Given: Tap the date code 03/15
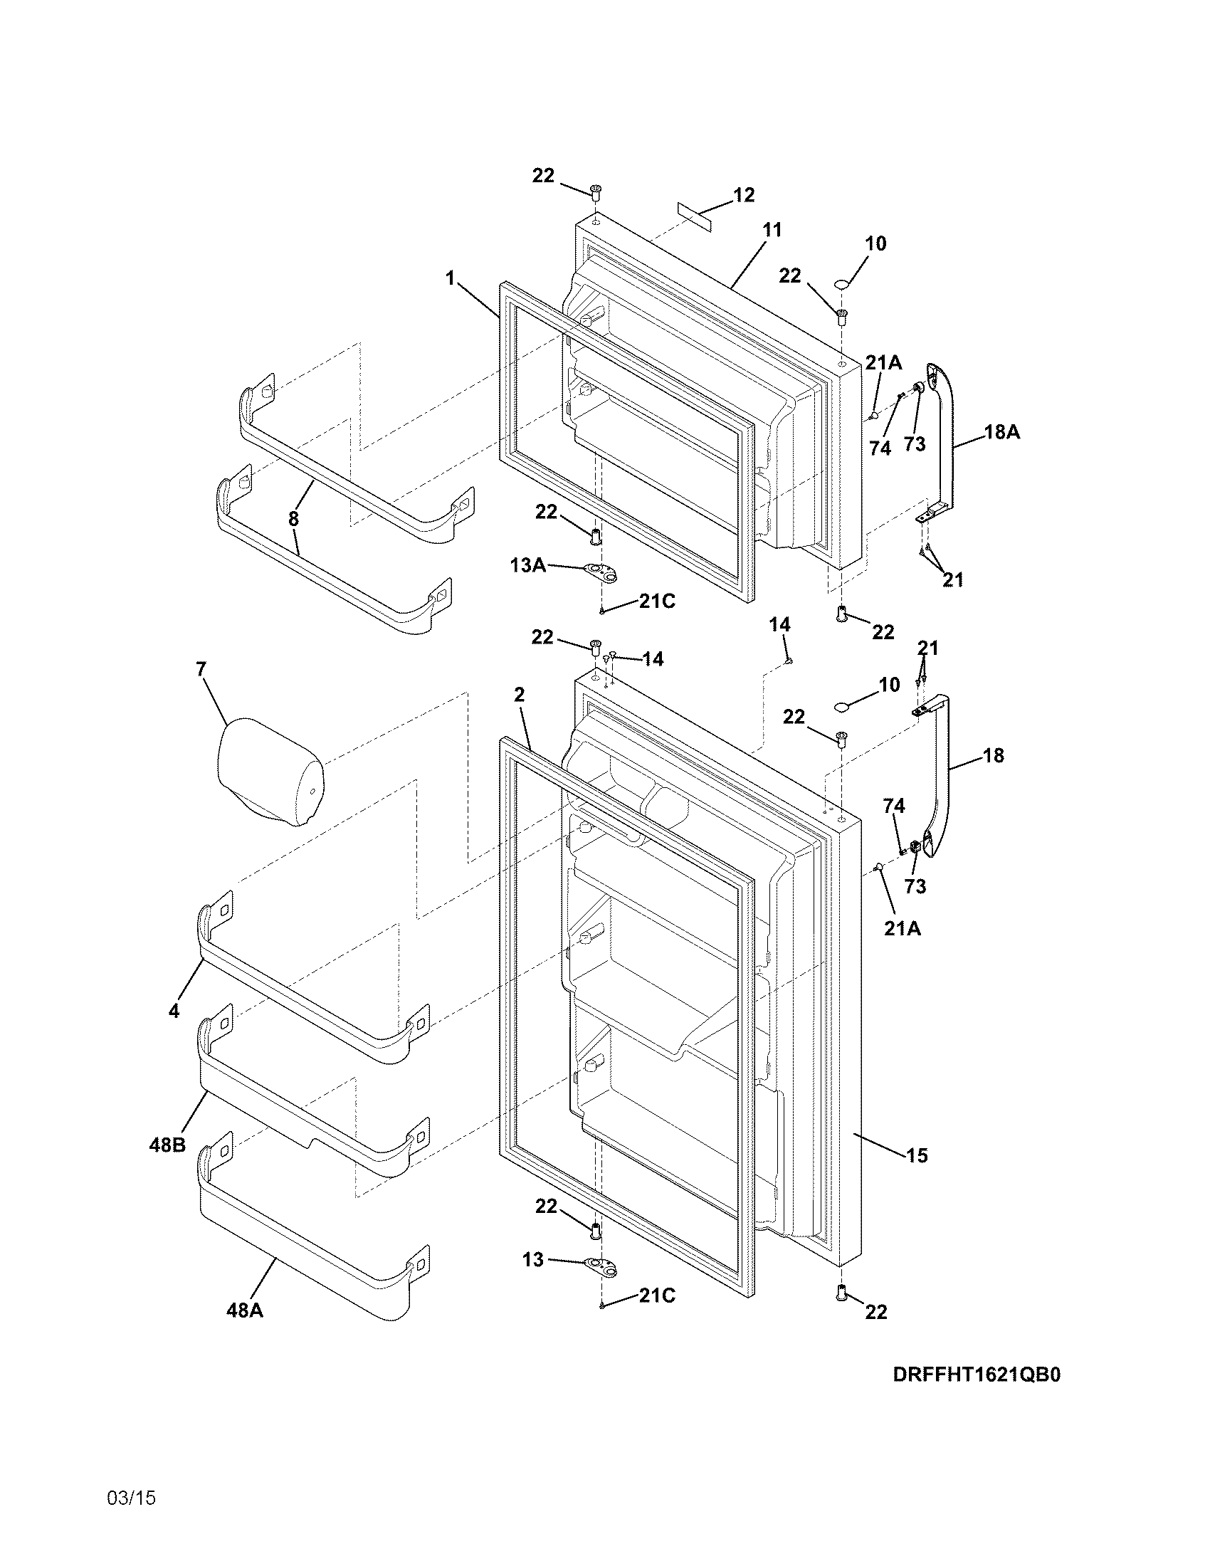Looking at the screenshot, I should pos(131,1498).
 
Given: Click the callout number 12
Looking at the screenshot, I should pos(744,195).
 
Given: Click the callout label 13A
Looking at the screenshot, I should pos(528,566).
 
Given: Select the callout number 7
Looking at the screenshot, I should pos(201,669).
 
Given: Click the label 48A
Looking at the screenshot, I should pos(244,1310).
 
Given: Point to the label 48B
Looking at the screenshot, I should pos(167,1145).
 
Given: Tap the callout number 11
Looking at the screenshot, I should pos(772,230).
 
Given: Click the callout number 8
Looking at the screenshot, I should pos(293,519).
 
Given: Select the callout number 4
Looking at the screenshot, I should pos(174,1011).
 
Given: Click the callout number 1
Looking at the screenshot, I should pos(450,278).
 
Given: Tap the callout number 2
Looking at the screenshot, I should pos(519,694).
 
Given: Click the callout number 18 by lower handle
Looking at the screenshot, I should pos(994,755).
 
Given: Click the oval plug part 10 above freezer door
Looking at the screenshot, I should pos(842,285).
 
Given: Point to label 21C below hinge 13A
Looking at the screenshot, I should pos(658,601).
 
